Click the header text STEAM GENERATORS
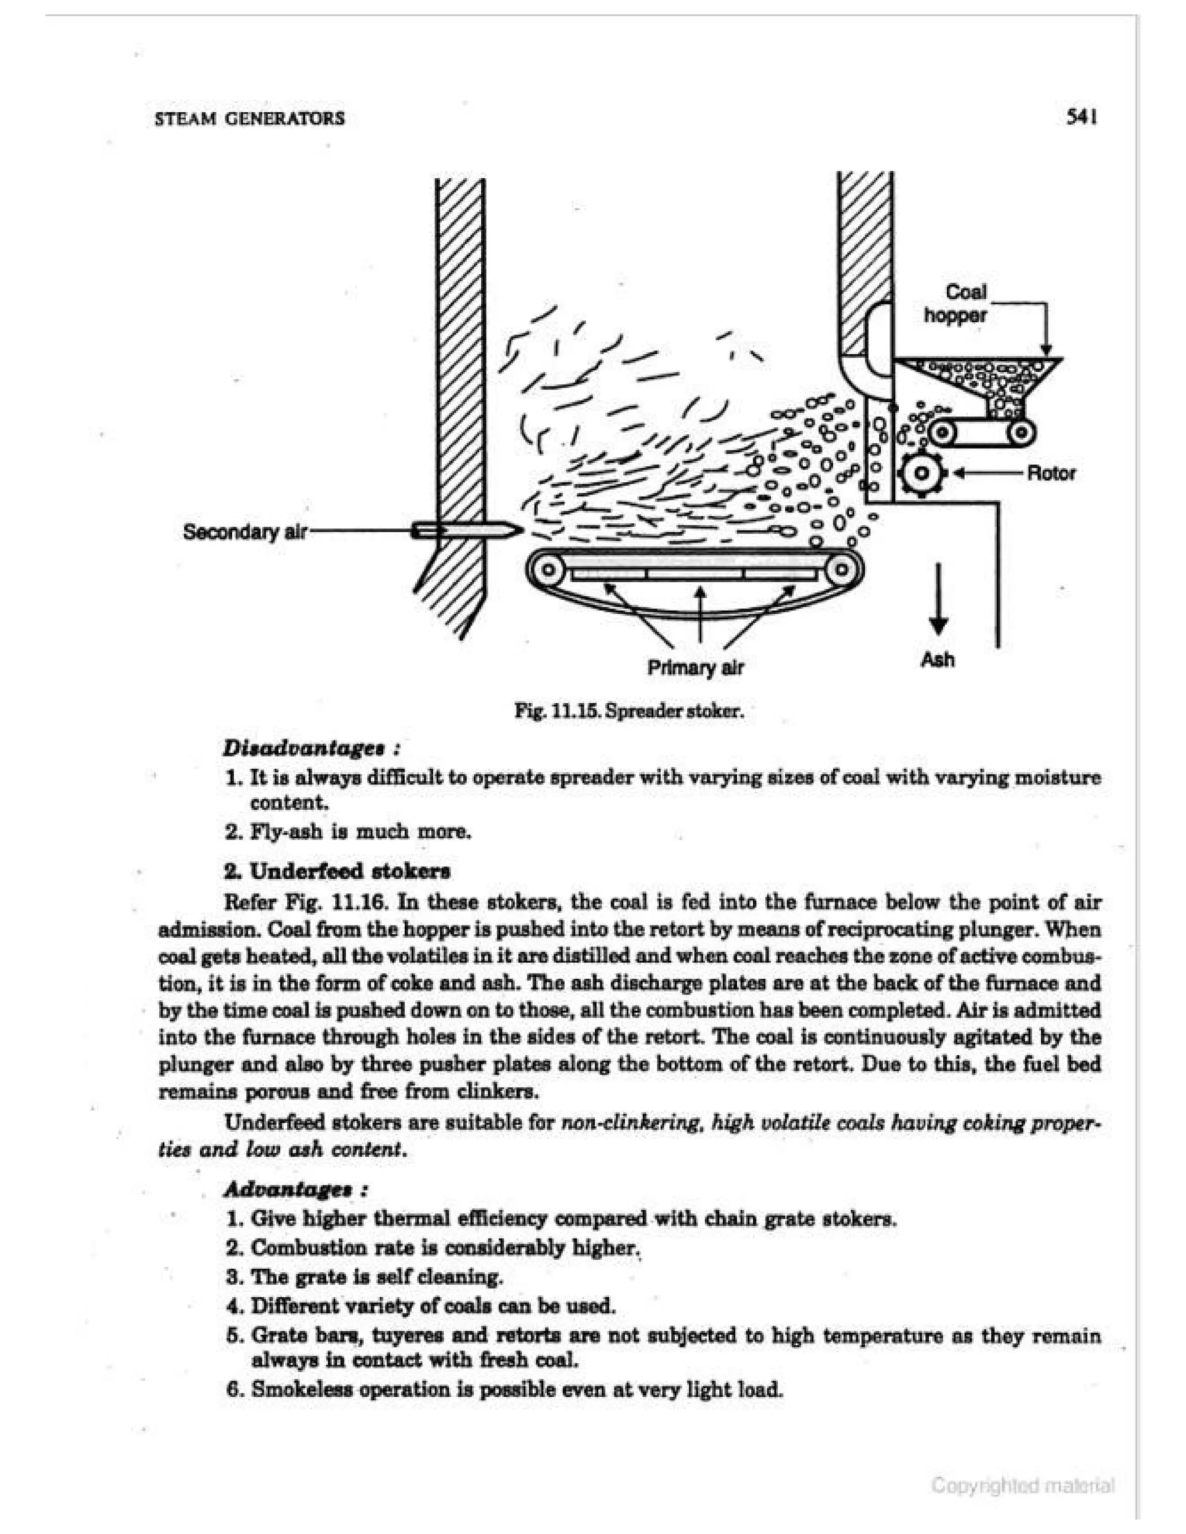pos(250,118)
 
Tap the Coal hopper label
pos(956,303)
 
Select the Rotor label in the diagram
pos(1050,473)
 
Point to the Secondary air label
pos(244,532)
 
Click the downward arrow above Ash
pos(938,597)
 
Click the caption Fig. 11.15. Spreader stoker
pos(629,711)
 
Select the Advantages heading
pos(295,1189)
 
